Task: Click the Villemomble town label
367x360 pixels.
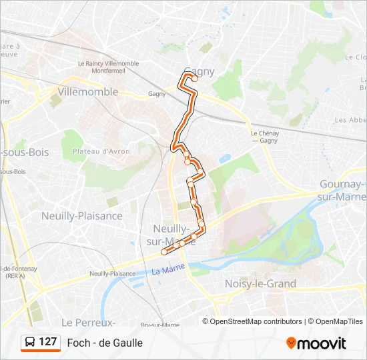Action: pyautogui.click(x=88, y=92)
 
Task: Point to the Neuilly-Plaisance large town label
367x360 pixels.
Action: pyautogui.click(x=82, y=216)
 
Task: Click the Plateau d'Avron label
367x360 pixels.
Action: pyautogui.click(x=101, y=151)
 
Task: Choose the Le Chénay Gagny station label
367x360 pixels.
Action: pyautogui.click(x=265, y=137)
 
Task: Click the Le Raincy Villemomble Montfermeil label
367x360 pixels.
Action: pyautogui.click(x=108, y=67)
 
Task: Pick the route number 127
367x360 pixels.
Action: pyautogui.click(x=47, y=342)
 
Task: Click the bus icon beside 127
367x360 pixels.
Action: pyautogui.click(x=30, y=343)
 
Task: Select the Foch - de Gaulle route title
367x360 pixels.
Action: pyautogui.click(x=105, y=343)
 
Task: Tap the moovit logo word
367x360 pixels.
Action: pyautogui.click(x=322, y=343)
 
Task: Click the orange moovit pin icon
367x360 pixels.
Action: pyautogui.click(x=291, y=343)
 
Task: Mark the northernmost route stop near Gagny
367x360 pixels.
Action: pyautogui.click(x=196, y=78)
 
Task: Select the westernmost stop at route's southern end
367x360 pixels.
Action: pyautogui.click(x=164, y=252)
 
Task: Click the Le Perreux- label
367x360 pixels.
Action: pyautogui.click(x=89, y=322)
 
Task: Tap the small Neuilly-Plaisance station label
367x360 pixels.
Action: pyautogui.click(x=113, y=273)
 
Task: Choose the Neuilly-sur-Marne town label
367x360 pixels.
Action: pyautogui.click(x=169, y=234)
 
